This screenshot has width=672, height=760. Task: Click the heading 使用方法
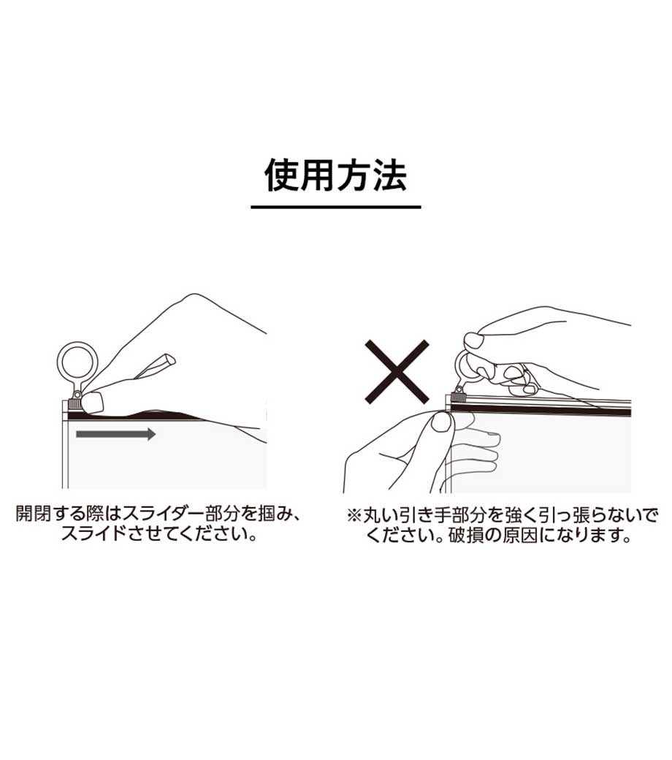(x=335, y=175)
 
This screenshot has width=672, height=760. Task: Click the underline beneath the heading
(x=336, y=207)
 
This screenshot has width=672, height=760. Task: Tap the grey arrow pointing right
(x=116, y=434)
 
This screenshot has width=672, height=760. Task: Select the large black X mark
(x=397, y=372)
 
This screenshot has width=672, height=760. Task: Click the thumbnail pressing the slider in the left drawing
(x=93, y=401)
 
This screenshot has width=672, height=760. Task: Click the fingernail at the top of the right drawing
(x=473, y=340)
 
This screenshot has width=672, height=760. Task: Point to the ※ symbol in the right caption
(x=355, y=514)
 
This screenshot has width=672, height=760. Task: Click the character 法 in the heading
(x=389, y=175)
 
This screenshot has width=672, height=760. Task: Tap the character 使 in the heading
(x=281, y=175)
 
